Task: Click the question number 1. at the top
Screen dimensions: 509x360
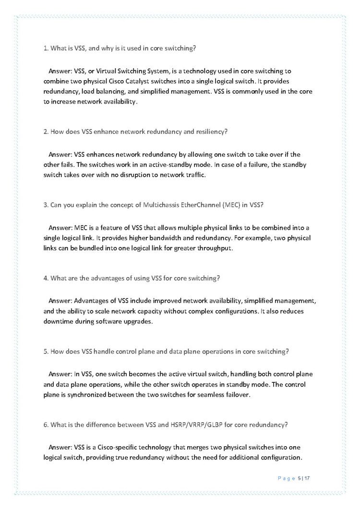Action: click(46, 48)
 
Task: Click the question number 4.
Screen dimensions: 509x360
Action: click(46, 278)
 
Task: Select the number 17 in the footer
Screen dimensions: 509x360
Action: click(308, 478)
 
